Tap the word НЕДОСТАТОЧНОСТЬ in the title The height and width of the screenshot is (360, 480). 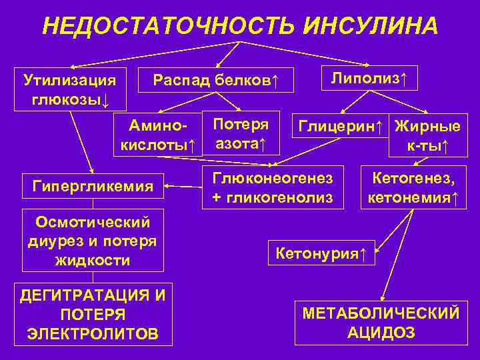(169, 26)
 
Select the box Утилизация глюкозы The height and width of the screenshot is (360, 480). (69, 91)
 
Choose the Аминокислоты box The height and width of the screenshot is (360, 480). (157, 135)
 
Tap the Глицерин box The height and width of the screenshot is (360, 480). (340, 126)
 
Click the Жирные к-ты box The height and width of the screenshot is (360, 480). (427, 135)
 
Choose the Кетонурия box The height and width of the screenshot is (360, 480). (321, 253)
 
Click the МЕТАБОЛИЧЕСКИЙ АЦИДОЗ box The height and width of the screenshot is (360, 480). (381, 323)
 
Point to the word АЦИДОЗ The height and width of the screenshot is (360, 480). (381, 333)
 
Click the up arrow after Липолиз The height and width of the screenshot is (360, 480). (403, 79)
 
